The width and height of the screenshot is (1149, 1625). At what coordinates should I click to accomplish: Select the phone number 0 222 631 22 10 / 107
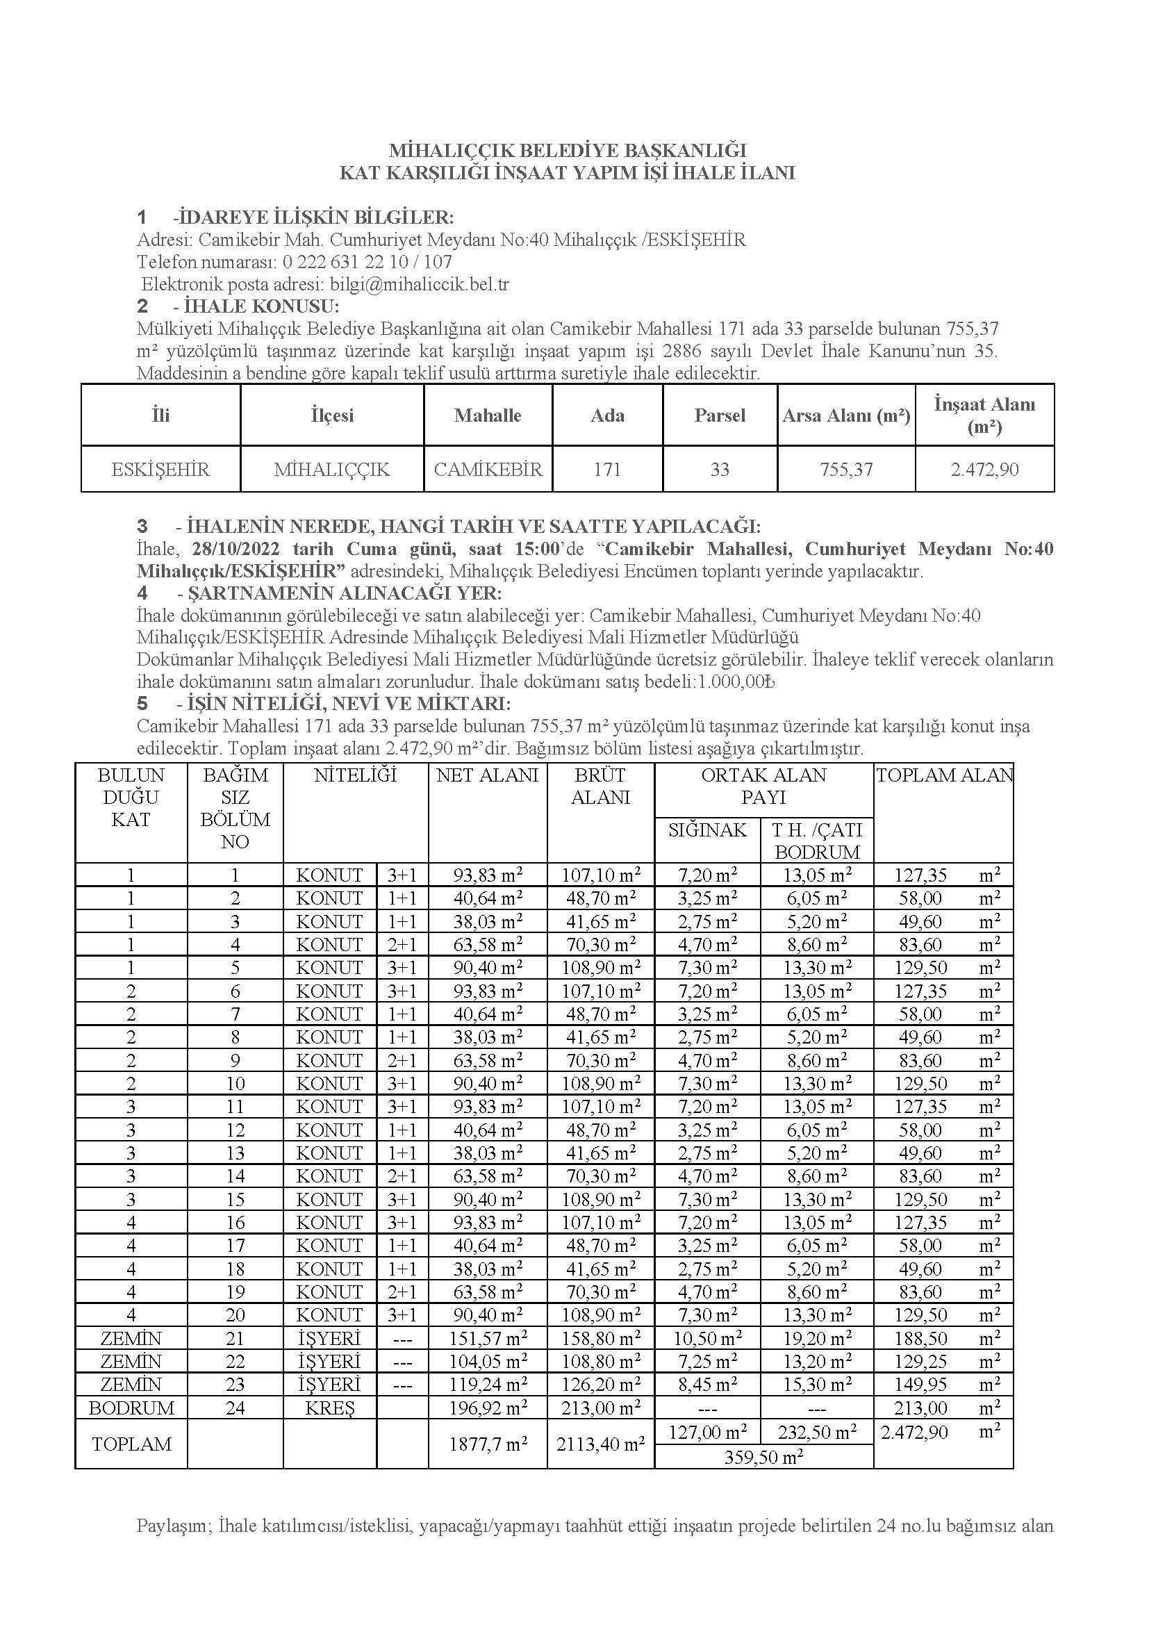367,262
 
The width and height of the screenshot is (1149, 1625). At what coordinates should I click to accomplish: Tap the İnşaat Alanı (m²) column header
984,415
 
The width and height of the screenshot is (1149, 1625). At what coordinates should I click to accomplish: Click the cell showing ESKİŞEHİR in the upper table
160,469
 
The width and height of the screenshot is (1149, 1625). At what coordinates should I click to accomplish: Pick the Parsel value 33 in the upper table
720,469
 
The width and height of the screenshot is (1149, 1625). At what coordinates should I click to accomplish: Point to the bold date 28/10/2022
235,549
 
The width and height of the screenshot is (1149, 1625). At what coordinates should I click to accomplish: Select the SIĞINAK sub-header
706,830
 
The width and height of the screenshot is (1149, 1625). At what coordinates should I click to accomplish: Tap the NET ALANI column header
488,775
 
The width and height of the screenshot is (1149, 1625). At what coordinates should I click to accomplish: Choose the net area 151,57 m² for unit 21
488,1338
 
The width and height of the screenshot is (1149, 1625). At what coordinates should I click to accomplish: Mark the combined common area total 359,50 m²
763,1457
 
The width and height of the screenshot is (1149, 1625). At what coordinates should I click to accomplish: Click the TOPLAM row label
131,1444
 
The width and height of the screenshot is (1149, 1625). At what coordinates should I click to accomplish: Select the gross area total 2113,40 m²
600,1444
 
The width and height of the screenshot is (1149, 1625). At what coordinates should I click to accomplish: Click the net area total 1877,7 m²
488,1444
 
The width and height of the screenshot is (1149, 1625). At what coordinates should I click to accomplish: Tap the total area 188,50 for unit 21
920,1338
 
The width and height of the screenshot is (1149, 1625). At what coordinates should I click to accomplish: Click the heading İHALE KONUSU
261,306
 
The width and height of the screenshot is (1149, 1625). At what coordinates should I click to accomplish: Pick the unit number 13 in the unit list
235,1153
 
